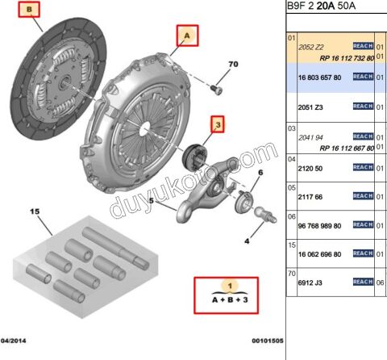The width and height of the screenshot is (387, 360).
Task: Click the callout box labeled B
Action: pyautogui.click(x=31, y=10)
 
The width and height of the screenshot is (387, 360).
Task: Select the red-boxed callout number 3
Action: pyautogui.click(x=218, y=124)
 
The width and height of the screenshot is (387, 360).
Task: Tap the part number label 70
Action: pyautogui.click(x=233, y=64)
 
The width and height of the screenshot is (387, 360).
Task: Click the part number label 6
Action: pyautogui.click(x=260, y=173)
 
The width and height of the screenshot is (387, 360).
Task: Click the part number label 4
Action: pyautogui.click(x=247, y=241)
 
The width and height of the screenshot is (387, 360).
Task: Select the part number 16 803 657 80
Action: pyautogui.click(x=321, y=77)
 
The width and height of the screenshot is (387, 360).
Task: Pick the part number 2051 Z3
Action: pyautogui.click(x=311, y=106)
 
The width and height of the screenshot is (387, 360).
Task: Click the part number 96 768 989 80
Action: pyautogui.click(x=322, y=225)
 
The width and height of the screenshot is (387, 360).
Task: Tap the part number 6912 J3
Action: pyautogui.click(x=311, y=283)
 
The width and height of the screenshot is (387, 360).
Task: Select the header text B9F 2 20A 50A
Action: pyautogui.click(x=322, y=7)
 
